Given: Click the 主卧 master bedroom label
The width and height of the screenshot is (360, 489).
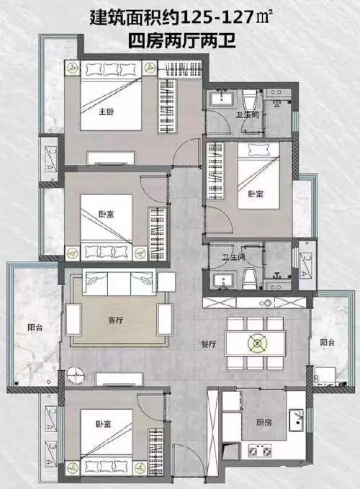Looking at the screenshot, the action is (x=107, y=112).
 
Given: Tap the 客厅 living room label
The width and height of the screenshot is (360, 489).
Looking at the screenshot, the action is (x=116, y=320).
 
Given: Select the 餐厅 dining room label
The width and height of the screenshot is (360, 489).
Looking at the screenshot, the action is (x=209, y=344).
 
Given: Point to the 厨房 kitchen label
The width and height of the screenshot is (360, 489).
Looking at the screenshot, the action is (x=264, y=422).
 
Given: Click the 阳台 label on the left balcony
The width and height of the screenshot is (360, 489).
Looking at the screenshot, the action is (x=35, y=328).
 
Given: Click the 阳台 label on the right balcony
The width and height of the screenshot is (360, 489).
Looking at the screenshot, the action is (x=328, y=342).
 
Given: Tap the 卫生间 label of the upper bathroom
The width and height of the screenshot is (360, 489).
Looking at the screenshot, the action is (x=247, y=115).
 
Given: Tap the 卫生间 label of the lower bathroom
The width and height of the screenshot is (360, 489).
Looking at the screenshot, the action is (x=234, y=258).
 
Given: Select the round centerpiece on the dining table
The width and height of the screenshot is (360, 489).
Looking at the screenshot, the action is (x=258, y=344).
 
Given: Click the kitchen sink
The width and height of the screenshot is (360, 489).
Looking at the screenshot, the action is (x=297, y=420).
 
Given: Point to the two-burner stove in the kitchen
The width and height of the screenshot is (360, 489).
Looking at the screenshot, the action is (x=260, y=451).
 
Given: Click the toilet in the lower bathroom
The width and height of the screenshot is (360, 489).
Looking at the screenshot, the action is (x=250, y=278).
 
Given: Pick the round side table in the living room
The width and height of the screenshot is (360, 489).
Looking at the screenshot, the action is (x=76, y=375).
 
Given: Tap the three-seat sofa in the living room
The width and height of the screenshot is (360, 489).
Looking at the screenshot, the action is (x=120, y=283).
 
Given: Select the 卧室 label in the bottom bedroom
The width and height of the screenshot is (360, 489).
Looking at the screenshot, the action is (x=104, y=424).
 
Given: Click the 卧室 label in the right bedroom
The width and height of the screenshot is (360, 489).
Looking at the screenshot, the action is (x=256, y=194).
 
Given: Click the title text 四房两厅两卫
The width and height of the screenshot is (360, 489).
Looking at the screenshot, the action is (x=182, y=41).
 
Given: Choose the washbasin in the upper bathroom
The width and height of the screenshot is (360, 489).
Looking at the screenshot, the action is (x=222, y=99).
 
